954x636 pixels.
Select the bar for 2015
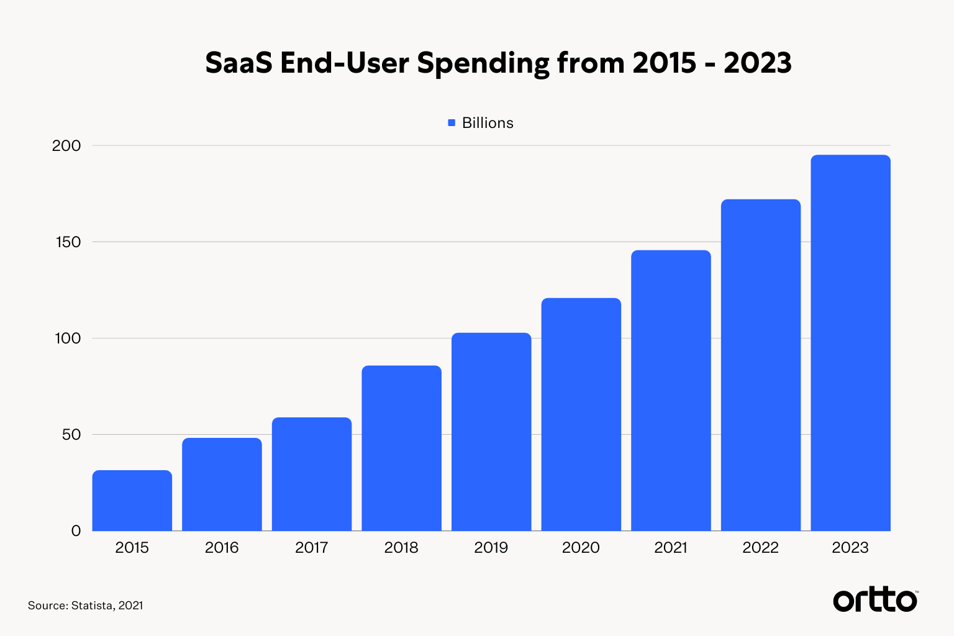[x=132, y=501]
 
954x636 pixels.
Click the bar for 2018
[x=401, y=448]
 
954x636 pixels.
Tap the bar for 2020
[x=581, y=414]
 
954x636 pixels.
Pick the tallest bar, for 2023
[x=850, y=343]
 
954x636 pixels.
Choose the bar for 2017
[x=312, y=474]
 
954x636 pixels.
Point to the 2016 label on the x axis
[x=222, y=548]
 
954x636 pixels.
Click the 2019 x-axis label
[x=491, y=548]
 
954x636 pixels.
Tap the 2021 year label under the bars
[x=671, y=548]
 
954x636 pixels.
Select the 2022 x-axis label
[x=760, y=548]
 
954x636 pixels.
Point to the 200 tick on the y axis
[x=66, y=146]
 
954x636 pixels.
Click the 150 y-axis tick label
[x=68, y=242]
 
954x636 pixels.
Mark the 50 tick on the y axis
[x=71, y=435]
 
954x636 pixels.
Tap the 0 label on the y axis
[x=76, y=531]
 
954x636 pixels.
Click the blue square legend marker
[x=452, y=123]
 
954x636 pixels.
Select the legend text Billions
[x=488, y=123]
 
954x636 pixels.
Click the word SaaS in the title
[x=238, y=63]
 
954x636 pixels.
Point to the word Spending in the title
[x=483, y=63]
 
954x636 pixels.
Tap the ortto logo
[x=874, y=600]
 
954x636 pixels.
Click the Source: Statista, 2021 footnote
[x=86, y=606]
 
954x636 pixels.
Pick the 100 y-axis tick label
[x=68, y=338]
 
